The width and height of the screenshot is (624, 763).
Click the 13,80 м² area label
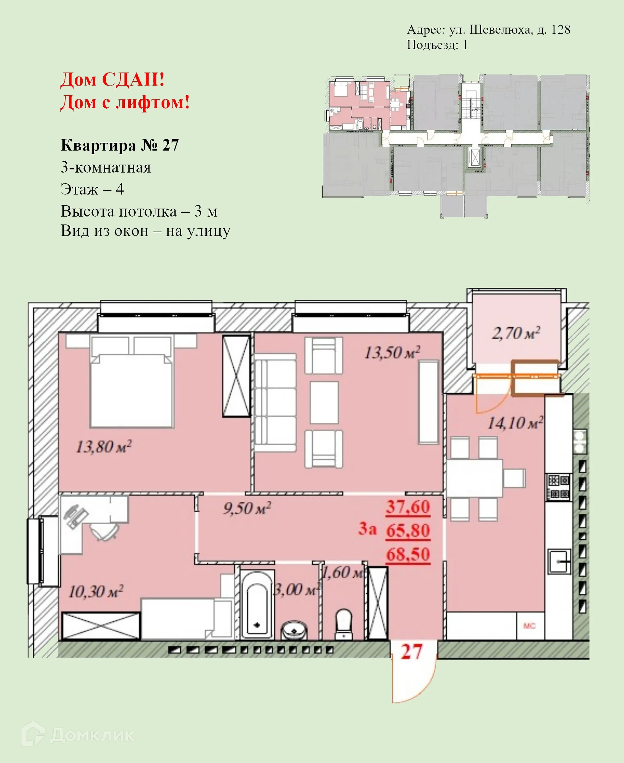coord(104,447)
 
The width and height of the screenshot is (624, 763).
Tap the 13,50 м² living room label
coord(392,353)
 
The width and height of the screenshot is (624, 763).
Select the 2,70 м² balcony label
coord(516,333)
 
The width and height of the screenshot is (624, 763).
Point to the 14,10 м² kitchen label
coord(515,423)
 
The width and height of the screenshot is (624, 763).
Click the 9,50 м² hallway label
coord(247,508)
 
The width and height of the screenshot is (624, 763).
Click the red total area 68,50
coord(408,554)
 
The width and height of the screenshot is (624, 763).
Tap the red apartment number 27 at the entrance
coord(411,652)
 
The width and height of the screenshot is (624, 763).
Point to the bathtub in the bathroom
coord(257,606)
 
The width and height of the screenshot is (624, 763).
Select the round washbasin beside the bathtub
coord(294,630)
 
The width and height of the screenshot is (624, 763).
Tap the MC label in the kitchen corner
coord(529,626)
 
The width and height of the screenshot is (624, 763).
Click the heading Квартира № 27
coord(120,145)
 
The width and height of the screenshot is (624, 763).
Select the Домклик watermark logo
coord(77,735)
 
